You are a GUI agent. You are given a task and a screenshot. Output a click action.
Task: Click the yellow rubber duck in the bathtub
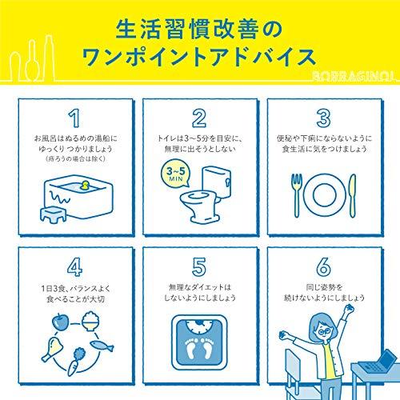(85, 186)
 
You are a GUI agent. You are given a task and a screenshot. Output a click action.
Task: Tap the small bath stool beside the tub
(53, 214)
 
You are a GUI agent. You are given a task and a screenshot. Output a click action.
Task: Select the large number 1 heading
(74, 118)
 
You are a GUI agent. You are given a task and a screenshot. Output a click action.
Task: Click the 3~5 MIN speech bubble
(176, 174)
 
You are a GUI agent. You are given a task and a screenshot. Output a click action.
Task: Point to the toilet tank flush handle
(227, 182)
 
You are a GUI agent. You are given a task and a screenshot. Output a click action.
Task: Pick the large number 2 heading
(199, 118)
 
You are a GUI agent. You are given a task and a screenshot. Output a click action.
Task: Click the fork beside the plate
(297, 195)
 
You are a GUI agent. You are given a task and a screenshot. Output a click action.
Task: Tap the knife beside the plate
(353, 195)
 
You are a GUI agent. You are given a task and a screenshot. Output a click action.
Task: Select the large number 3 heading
(324, 118)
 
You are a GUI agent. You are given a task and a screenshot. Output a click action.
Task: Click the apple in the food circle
(60, 322)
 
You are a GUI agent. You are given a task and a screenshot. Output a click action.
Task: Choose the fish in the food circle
(102, 346)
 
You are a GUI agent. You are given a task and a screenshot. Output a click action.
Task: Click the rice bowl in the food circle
(90, 322)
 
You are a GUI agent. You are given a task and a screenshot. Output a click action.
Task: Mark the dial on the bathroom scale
(199, 326)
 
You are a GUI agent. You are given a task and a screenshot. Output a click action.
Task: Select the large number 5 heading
(199, 267)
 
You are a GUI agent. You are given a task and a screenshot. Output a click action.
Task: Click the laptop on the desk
(377, 362)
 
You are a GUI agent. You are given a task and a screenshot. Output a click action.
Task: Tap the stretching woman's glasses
(324, 331)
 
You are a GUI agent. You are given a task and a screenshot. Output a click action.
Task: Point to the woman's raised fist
(348, 309)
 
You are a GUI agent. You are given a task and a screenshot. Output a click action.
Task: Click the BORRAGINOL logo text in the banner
(353, 77)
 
